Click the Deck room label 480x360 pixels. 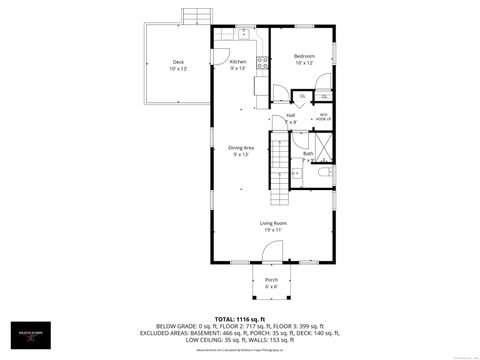tap(178, 62)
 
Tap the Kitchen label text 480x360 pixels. tap(238, 61)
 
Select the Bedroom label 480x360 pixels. tap(305, 55)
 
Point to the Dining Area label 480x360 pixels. tap(241, 148)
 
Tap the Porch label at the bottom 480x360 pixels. tap(272, 280)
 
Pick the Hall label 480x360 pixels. tap(291, 115)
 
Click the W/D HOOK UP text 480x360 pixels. tap(324, 115)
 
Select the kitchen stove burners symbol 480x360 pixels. tap(262, 62)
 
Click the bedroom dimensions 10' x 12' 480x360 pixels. tap(305, 63)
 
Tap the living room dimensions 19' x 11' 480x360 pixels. tap(274, 230)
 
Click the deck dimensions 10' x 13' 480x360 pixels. tap(178, 70)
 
